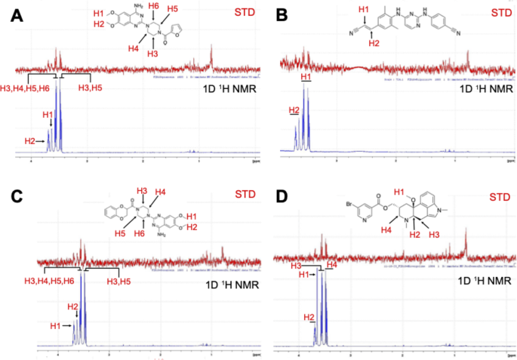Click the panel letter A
click(14, 15)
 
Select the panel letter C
click(14, 198)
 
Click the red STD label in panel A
click(233, 13)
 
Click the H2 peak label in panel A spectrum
click(30, 141)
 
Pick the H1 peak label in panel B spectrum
click(305, 78)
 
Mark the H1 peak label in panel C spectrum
click(55, 325)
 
